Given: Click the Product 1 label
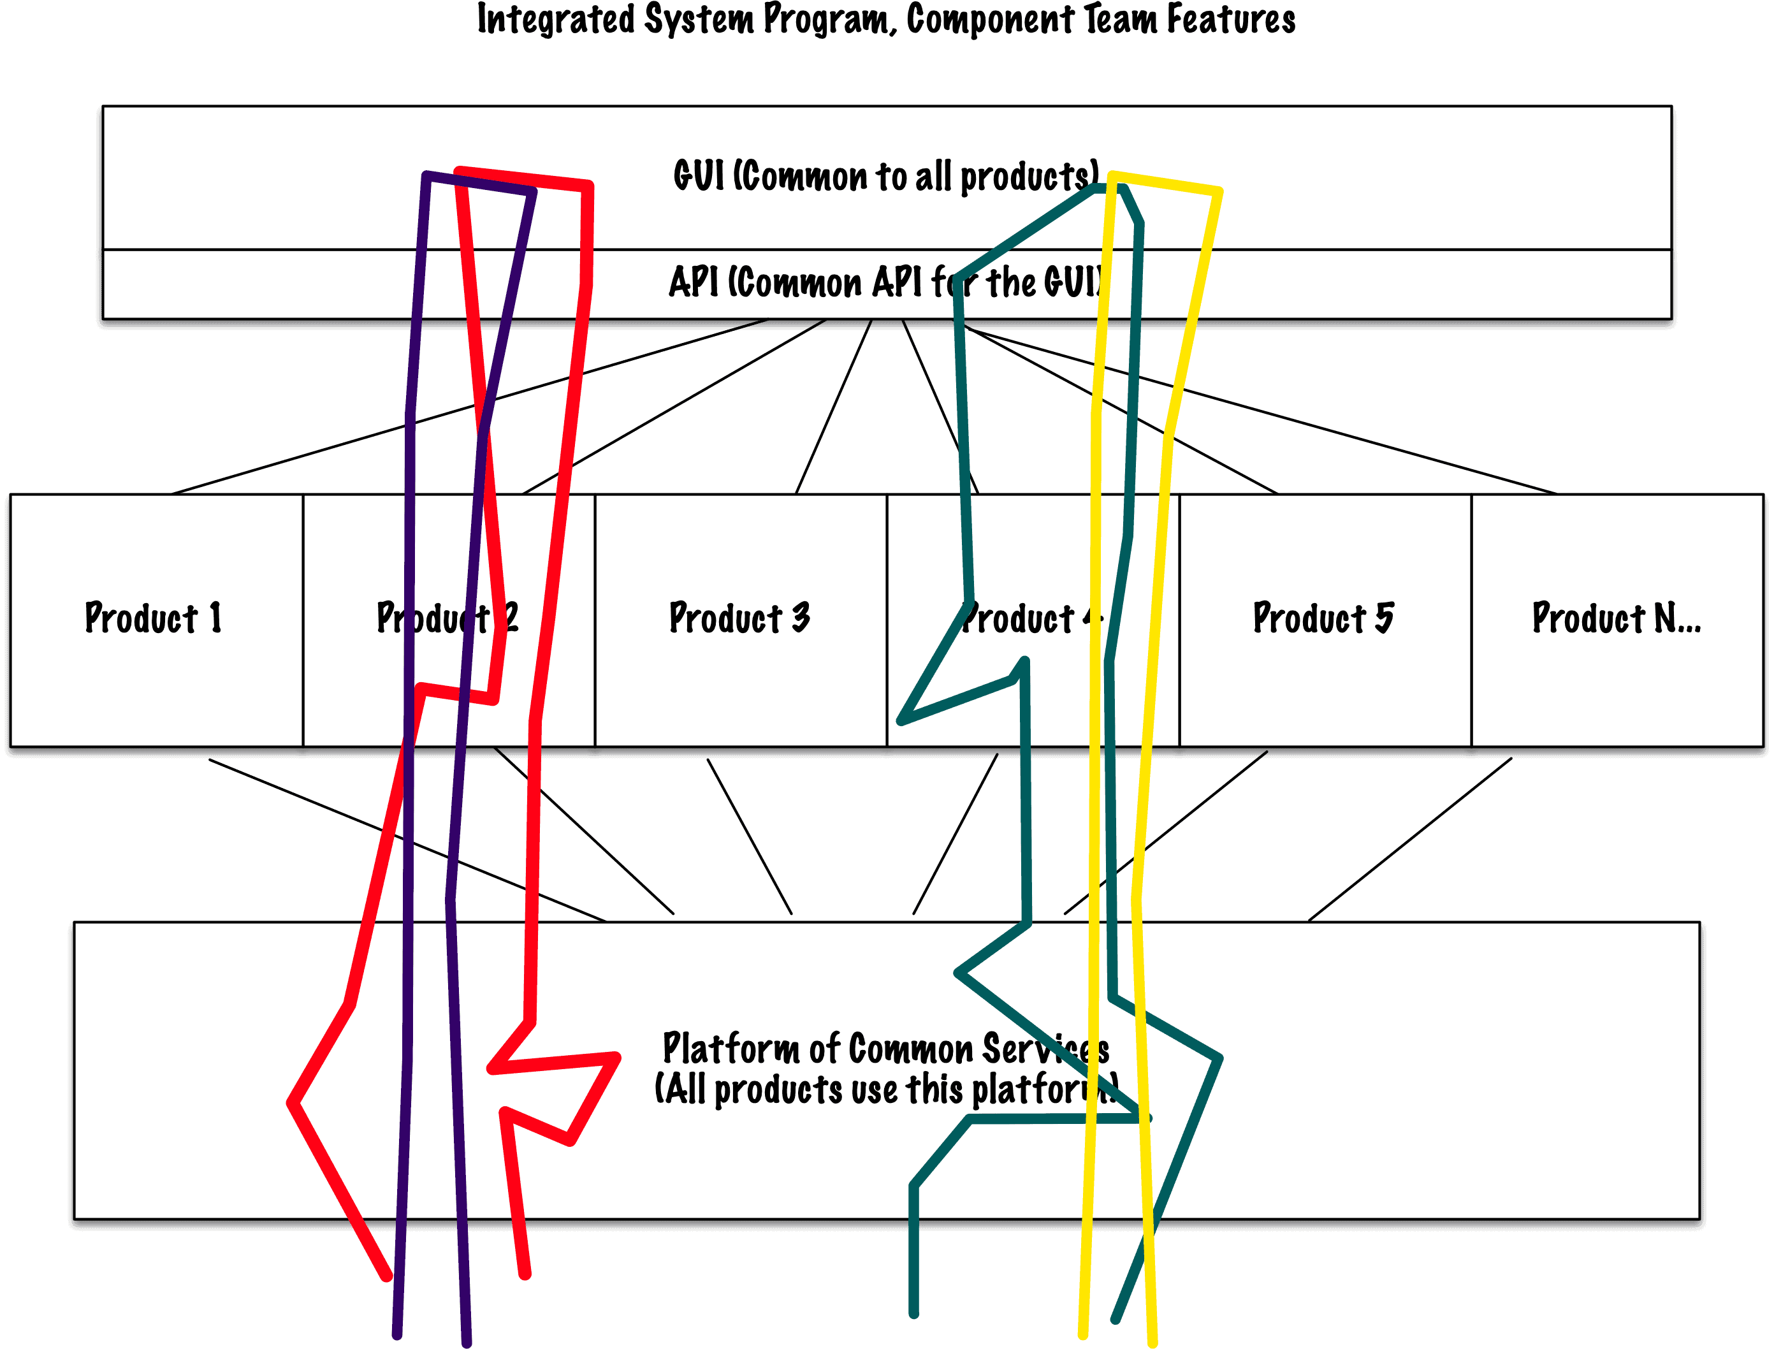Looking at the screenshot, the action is (x=152, y=618).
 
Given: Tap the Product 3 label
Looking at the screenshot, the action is (x=739, y=618).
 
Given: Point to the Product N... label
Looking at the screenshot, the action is (x=1616, y=618).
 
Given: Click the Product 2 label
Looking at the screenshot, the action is (x=447, y=618).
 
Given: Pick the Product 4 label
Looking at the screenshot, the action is (x=1031, y=618).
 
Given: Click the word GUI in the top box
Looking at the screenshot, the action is (x=699, y=176).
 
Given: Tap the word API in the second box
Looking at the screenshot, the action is (x=694, y=282).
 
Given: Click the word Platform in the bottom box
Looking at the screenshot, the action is (x=730, y=1049).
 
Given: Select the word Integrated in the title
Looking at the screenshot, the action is (x=555, y=19).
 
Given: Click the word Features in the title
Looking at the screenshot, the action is (x=1230, y=19).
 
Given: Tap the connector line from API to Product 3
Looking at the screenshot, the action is (x=835, y=405).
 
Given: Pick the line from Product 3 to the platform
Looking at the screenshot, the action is (x=749, y=835).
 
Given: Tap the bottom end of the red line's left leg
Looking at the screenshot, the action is (x=387, y=1275).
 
